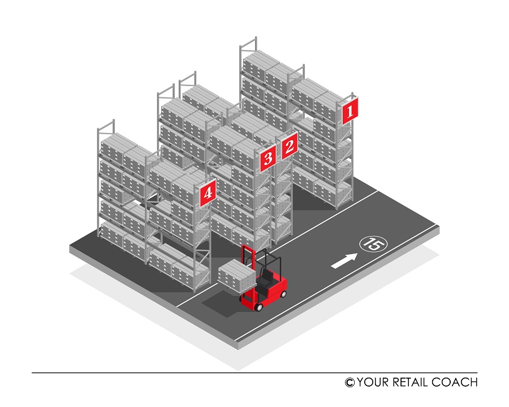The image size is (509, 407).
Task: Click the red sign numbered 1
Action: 350,111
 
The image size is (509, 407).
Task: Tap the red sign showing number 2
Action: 290,146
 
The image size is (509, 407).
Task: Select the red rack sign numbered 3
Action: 268,158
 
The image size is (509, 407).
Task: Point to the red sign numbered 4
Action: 208,193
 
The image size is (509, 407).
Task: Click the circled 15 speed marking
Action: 373,244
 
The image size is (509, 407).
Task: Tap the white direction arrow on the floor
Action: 344,261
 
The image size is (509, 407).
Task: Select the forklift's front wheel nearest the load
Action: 258,307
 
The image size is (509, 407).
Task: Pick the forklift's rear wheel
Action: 283,294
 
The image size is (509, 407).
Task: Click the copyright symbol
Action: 350,383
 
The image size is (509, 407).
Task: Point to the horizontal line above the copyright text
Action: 255,372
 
